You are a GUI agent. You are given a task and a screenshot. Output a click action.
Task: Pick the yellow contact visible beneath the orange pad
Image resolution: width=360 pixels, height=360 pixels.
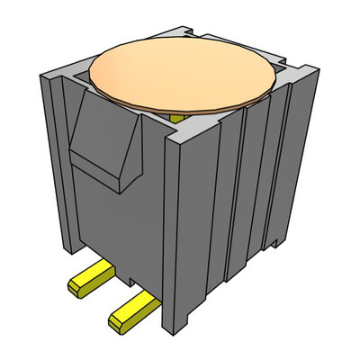177,116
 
